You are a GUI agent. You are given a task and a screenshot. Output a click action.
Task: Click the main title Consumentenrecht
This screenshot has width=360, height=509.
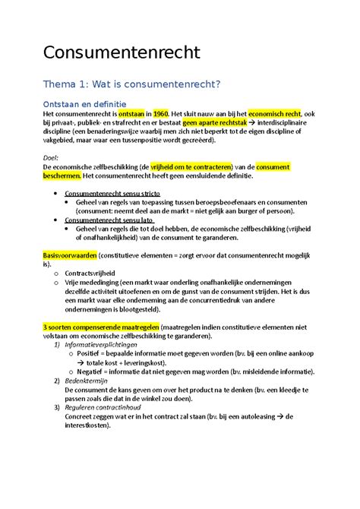click(122, 53)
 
